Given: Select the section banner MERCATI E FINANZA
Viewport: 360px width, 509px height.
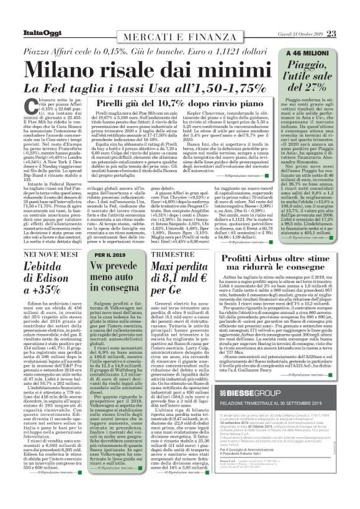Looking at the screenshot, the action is click(180, 33).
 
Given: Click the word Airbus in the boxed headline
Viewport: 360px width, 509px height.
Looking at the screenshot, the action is click(270, 259).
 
